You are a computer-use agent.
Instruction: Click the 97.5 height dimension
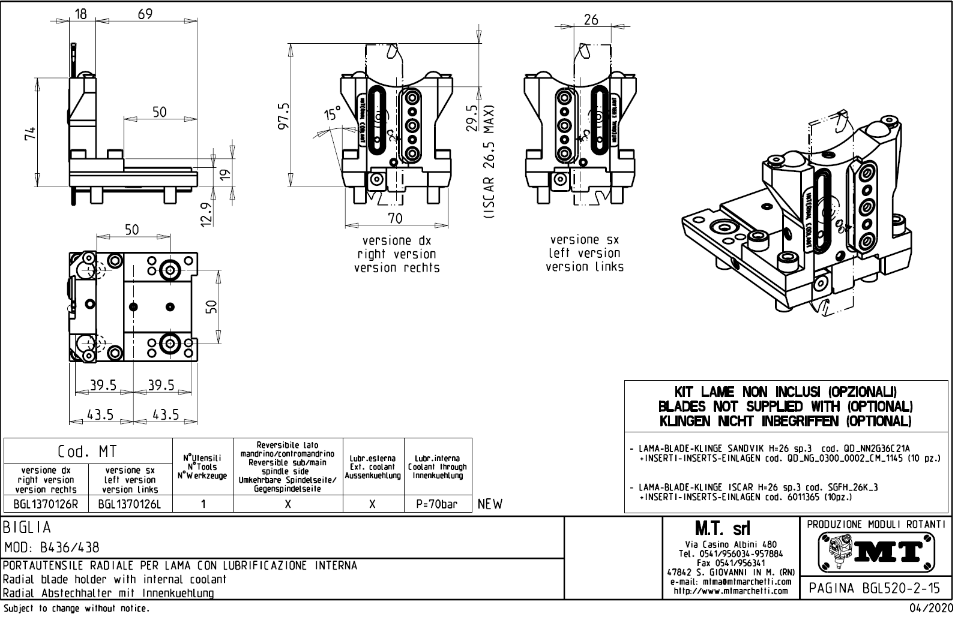pos(285,115)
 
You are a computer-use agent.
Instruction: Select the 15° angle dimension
pos(332,114)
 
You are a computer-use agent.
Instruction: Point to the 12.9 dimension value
pos(206,213)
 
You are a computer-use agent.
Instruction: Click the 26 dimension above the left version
pos(591,20)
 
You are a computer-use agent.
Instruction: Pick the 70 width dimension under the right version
pos(395,218)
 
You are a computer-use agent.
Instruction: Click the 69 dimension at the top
pos(145,14)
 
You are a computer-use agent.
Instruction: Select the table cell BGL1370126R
pos(46,504)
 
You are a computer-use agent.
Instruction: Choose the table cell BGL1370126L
pos(130,504)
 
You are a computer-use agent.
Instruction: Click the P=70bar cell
pos(436,504)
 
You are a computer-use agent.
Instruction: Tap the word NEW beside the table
pos(490,504)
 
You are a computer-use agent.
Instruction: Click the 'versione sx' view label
pos(584,240)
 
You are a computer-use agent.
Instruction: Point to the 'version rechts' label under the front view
pos(397,268)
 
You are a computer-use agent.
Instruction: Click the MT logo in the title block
pos(875,551)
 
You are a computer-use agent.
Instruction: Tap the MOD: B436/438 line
pos(52,547)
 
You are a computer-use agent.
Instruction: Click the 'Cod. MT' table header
pos(88,451)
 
